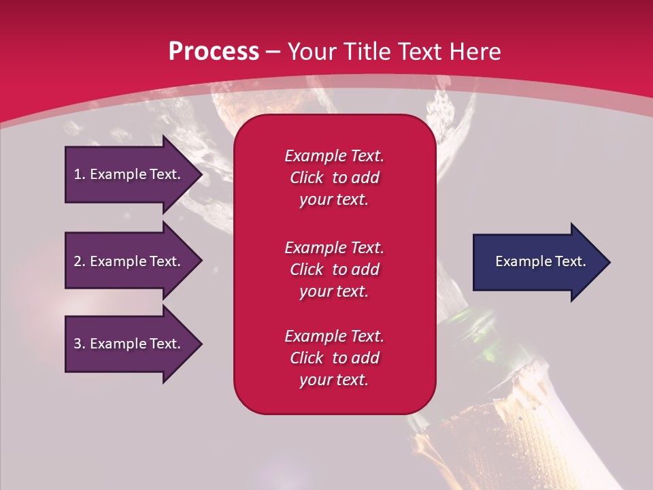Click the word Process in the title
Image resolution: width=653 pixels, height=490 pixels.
[214, 52]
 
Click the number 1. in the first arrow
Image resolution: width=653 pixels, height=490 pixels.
[80, 174]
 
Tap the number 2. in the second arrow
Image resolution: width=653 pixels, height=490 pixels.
[80, 261]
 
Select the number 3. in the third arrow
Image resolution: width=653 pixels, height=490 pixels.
[80, 344]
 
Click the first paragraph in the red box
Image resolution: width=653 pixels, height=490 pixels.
[334, 178]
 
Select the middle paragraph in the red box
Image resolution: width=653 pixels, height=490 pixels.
[334, 269]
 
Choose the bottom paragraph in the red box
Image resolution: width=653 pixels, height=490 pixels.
[334, 358]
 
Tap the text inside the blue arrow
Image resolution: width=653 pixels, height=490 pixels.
[541, 261]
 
